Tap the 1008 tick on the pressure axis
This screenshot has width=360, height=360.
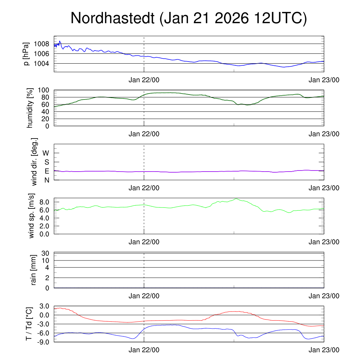pyautogui.click(x=41, y=44)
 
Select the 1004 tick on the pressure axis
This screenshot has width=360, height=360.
pyautogui.click(x=41, y=64)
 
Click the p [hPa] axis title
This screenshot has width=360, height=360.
pyautogui.click(x=26, y=54)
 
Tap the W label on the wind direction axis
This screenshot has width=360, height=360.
pyautogui.click(x=46, y=153)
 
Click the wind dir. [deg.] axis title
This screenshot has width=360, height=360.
pyautogui.click(x=34, y=162)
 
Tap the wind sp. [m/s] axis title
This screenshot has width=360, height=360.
pyautogui.click(x=32, y=216)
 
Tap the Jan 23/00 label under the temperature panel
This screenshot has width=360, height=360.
pyautogui.click(x=324, y=350)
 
